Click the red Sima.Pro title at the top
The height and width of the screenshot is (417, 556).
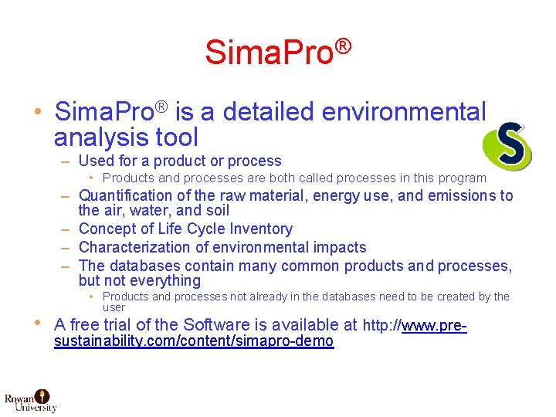click(x=278, y=53)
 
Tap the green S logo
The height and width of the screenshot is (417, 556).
click(x=507, y=145)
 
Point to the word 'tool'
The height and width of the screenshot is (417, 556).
click(x=178, y=138)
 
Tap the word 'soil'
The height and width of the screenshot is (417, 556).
click(x=215, y=210)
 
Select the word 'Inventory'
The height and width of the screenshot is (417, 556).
click(x=256, y=229)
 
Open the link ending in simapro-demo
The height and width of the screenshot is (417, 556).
click(x=194, y=341)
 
